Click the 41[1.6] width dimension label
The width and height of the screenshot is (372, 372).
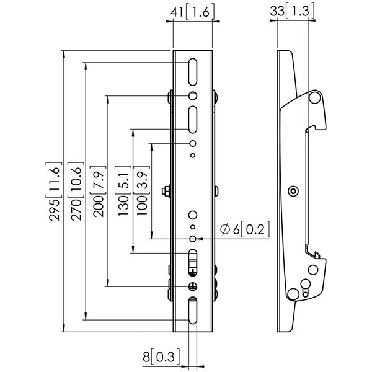(192, 12)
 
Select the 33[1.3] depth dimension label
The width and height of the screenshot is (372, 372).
(292, 11)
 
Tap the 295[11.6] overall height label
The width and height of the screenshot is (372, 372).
(54, 192)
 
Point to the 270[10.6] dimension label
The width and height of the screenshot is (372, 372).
(76, 192)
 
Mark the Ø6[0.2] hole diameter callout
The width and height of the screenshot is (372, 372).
(245, 229)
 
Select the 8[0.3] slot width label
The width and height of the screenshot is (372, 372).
(161, 356)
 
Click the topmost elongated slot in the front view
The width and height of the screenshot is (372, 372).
(193, 72)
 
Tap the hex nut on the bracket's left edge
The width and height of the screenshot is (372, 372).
(166, 191)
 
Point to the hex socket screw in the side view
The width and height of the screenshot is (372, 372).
(293, 191)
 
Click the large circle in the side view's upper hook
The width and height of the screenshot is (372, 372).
(315, 98)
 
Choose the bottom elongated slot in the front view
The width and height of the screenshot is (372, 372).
(193, 311)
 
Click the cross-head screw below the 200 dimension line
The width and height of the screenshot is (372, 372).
(193, 286)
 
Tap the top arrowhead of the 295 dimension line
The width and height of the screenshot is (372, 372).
(64, 55)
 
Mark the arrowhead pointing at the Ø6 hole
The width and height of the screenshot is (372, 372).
(199, 239)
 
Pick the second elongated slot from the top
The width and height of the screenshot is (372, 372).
(193, 120)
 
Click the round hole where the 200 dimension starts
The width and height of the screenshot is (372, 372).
(193, 96)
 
